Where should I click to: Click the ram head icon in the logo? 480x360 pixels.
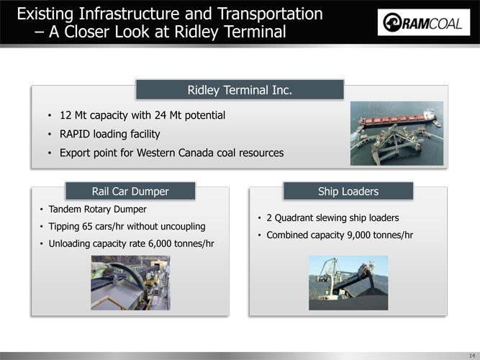click(x=392, y=22)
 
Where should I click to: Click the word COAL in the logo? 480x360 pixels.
click(x=445, y=24)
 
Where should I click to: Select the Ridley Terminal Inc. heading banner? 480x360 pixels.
click(x=240, y=90)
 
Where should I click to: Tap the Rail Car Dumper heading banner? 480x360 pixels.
click(x=130, y=192)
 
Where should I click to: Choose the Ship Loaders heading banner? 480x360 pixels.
click(x=348, y=192)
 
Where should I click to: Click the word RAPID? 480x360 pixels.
click(x=75, y=134)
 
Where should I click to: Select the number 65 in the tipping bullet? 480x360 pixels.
click(x=87, y=226)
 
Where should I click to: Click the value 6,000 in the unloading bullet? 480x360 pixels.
click(x=160, y=243)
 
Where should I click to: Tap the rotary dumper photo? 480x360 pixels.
click(x=131, y=283)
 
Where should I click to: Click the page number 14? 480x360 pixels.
click(x=472, y=356)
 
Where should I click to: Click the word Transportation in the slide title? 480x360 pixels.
click(x=270, y=14)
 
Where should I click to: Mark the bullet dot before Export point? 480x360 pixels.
click(x=50, y=153)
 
